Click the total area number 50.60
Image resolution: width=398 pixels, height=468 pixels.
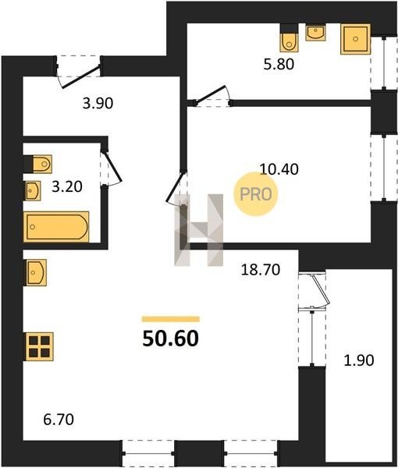click(x=170, y=339)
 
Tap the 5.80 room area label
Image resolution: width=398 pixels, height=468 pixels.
click(x=279, y=64)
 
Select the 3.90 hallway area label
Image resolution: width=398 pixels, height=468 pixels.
click(x=98, y=103)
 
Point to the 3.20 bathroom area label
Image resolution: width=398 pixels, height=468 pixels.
click(x=67, y=186)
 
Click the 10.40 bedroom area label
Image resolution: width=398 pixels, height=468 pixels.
click(x=279, y=169)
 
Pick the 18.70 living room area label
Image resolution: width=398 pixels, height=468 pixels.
click(x=261, y=270)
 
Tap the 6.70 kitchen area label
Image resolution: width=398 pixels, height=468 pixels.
click(x=59, y=420)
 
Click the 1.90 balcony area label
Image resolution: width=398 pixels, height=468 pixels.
click(x=358, y=360)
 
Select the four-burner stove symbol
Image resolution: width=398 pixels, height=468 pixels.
click(x=40, y=346)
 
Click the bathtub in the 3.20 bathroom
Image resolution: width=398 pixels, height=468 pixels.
click(x=56, y=226)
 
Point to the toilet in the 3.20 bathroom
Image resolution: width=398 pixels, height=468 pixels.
click(x=42, y=164)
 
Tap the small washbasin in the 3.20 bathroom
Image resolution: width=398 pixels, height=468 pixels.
click(x=33, y=191)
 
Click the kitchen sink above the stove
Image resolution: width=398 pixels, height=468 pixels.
click(x=36, y=272)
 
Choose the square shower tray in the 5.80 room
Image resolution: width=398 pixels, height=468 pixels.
click(x=355, y=39)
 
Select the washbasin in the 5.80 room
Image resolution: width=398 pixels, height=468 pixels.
click(x=315, y=33)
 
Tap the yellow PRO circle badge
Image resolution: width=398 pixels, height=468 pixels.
click(x=256, y=194)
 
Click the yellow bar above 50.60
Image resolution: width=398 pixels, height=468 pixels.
click(x=171, y=319)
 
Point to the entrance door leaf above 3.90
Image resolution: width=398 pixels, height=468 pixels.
click(x=80, y=77)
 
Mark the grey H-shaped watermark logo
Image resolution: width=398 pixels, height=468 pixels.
click(x=199, y=230)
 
